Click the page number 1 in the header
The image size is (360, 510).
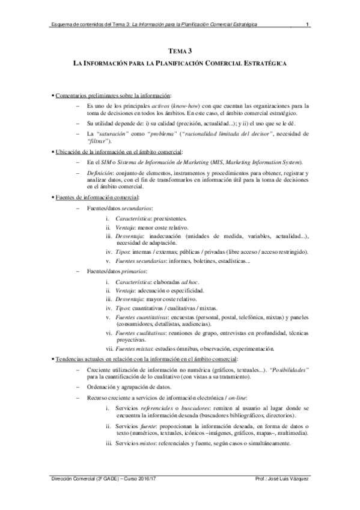click(x=307, y=25)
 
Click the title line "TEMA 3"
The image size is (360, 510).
click(x=179, y=52)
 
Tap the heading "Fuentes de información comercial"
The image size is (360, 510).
click(x=97, y=197)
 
